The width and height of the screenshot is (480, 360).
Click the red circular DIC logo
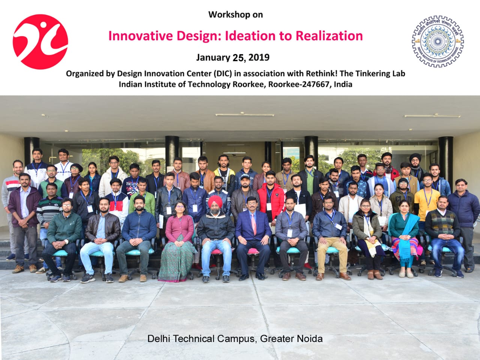[40, 42]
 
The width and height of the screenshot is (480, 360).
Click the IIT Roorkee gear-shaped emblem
[438, 41]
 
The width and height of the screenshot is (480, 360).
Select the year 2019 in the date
[259, 57]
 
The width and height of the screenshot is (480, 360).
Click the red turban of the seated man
[215, 201]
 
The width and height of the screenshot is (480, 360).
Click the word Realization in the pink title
[329, 36]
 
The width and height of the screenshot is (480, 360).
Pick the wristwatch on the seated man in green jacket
[66, 241]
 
